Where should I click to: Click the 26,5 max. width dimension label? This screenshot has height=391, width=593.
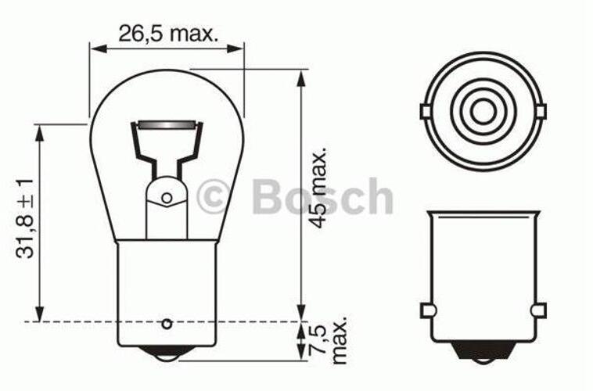point(169,34)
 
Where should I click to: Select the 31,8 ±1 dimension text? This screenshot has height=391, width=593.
point(25,218)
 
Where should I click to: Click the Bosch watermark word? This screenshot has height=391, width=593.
point(322,197)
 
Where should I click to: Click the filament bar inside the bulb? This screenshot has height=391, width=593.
point(167,124)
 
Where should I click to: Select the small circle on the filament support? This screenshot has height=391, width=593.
point(167,197)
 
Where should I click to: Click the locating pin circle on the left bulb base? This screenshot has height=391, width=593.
point(167,324)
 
